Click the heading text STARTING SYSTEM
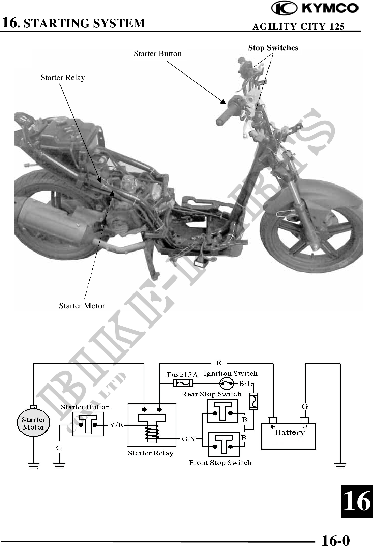(84, 23)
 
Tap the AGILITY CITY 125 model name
(299, 26)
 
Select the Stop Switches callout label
(273, 48)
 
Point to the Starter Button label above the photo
(158, 54)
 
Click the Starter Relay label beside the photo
(63, 78)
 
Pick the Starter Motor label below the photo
(82, 306)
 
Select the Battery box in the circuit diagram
(289, 436)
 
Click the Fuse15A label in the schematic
(182, 375)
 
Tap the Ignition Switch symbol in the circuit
(227, 383)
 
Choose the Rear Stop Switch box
(222, 411)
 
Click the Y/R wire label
(116, 425)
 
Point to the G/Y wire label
(189, 439)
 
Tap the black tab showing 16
(357, 501)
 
